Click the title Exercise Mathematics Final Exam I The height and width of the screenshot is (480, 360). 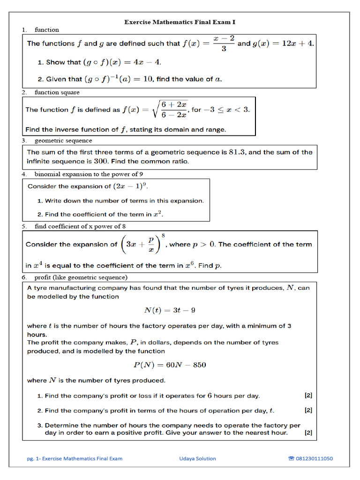pos(180,22)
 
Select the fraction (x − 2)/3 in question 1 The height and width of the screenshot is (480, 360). pos(224,44)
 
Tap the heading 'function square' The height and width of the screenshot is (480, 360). pos(57,92)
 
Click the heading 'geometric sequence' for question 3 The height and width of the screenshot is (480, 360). pos(63,140)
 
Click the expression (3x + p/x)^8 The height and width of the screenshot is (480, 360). pos(143,244)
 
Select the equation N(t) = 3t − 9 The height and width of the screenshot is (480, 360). pos(170,310)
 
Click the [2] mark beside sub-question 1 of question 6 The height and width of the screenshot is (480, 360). pos(308,396)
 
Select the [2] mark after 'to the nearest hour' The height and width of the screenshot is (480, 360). pos(308,433)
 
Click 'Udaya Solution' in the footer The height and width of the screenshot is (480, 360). pos(197,458)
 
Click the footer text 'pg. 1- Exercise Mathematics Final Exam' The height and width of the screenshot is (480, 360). pos(75,458)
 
